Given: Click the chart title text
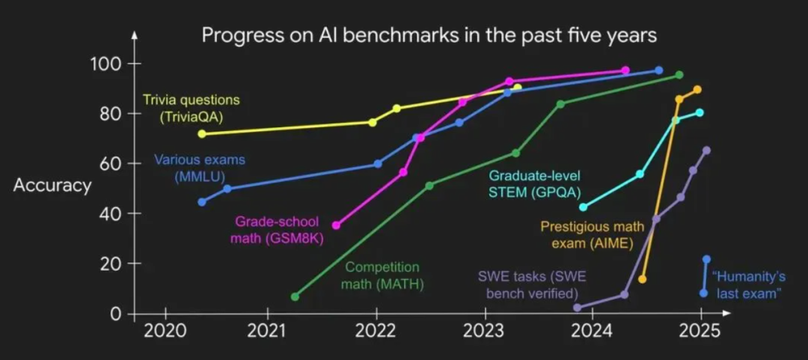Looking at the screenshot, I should point(428,35).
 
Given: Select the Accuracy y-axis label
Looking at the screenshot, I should point(52,185).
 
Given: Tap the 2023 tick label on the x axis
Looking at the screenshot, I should point(484,331).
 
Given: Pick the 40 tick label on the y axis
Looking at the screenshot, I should point(112,213).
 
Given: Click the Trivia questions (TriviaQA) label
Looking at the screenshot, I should point(191,108).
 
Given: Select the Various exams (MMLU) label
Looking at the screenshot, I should point(200,168).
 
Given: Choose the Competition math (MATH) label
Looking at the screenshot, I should point(382,275).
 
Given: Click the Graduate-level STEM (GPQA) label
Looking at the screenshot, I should point(534,183).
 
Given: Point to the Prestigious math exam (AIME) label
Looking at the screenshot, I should point(587,234).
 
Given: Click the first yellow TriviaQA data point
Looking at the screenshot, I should point(201,133).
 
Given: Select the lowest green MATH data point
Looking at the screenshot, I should point(295,297).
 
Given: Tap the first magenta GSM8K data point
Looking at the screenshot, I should point(336,225).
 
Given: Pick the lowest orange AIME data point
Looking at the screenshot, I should point(642,279).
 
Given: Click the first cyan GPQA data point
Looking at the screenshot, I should point(583,207).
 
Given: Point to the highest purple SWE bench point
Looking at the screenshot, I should point(706,150).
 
